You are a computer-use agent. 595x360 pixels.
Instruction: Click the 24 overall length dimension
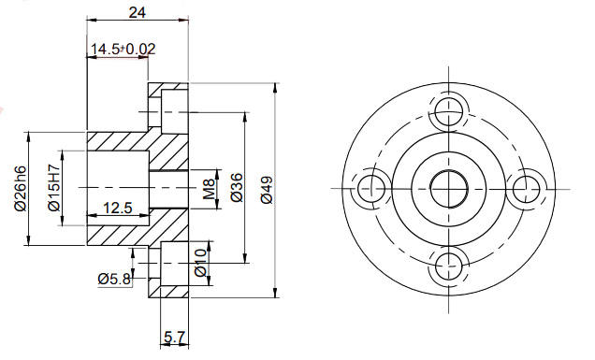(138, 12)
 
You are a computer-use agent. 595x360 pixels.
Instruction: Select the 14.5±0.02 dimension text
(123, 49)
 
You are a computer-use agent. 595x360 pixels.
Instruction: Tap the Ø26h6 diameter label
(21, 188)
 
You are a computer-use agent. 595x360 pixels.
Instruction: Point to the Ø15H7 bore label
(54, 187)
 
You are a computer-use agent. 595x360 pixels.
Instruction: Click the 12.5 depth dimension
(118, 208)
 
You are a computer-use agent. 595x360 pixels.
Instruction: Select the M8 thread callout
(209, 189)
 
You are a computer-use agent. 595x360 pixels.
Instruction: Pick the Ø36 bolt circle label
(237, 187)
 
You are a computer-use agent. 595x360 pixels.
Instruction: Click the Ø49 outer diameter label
(267, 190)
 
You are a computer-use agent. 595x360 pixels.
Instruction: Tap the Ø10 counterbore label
(200, 263)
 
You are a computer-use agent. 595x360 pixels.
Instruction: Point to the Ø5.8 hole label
(114, 280)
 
